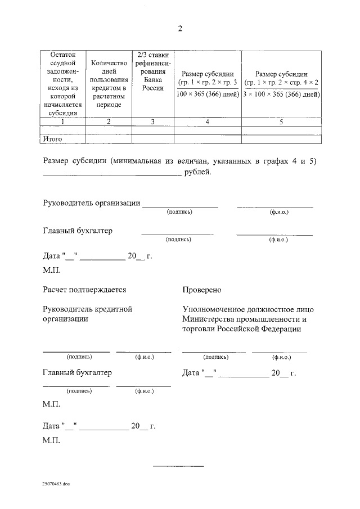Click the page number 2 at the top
tap(180, 29)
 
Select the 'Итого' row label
tap(53, 138)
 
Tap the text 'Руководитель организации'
tap(91, 203)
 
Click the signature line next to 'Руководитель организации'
tap(180, 206)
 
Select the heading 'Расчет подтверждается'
tap(84, 290)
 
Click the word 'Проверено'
tap(202, 290)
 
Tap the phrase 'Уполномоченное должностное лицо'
tap(248, 309)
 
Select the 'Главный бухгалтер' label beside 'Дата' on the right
tap(77, 372)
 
